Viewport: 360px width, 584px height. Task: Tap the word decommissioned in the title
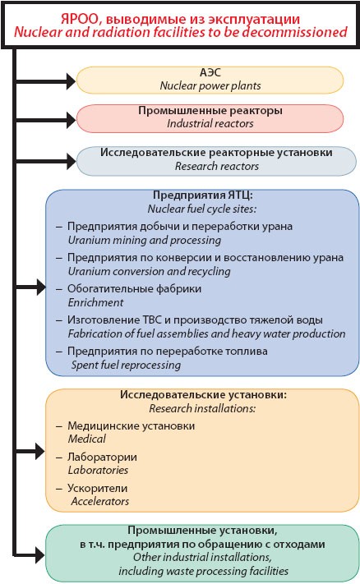coord(294,32)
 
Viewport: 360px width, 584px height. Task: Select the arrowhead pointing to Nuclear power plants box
coord(71,80)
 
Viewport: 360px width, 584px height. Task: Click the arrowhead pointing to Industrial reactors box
coord(71,120)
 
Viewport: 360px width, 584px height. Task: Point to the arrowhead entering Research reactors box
coord(71,161)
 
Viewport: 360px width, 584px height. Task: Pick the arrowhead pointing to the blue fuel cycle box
coord(40,287)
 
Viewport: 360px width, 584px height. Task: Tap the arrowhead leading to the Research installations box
coord(40,451)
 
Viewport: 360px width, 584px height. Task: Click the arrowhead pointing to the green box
coord(40,555)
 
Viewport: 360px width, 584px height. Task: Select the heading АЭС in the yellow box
coord(210,72)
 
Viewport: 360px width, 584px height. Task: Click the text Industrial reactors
coord(210,123)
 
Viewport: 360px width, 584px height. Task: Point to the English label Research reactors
coord(217,166)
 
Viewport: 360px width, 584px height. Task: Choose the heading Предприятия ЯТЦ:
coord(203,195)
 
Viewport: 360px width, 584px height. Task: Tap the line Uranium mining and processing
coord(145,240)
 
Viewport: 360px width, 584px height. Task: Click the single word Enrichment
coord(95,302)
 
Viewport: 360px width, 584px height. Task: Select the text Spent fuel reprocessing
coord(126,365)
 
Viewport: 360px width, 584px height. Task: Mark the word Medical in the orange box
coord(87,439)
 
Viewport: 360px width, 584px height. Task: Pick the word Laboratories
coord(98,470)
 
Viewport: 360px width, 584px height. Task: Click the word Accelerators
coord(100,501)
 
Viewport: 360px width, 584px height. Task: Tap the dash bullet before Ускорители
coord(59,488)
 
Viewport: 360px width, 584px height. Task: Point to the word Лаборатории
coord(102,457)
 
